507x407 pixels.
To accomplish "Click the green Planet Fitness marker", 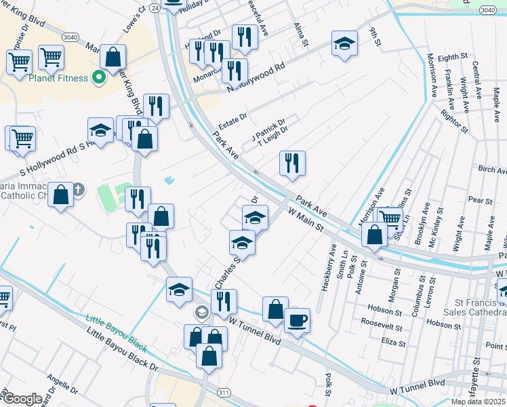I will pos(99,78).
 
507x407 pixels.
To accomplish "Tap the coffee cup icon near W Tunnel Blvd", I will pos(297,319).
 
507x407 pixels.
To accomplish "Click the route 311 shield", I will pos(224,392).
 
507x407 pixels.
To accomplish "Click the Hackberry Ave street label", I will pos(332,258).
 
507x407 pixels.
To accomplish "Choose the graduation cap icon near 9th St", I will pos(344,43).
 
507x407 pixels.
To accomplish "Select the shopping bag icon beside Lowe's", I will pos(113,56).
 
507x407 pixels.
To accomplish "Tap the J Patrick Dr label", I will pos(268,127).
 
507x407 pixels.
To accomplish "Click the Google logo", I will pos(22,398).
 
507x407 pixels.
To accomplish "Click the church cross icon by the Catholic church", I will pos(78,189).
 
